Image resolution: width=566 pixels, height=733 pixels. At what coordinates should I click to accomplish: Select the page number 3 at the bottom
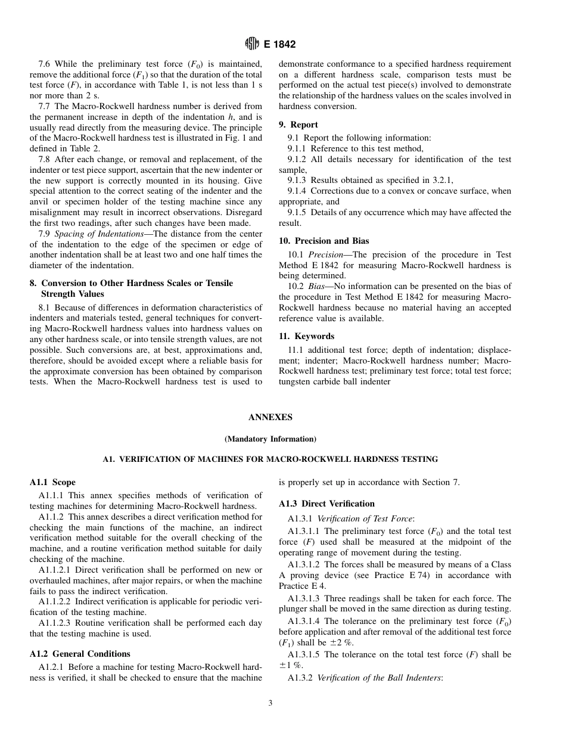(270, 703)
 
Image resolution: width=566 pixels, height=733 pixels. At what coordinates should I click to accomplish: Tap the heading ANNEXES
(270, 418)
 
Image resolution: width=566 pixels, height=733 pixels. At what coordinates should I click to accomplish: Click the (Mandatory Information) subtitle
(270, 439)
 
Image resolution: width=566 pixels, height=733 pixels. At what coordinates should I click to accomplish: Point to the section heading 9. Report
(298, 125)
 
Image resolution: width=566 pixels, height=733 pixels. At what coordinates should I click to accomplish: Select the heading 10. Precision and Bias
(324, 241)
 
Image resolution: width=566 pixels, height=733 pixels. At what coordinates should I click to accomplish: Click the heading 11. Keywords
(306, 336)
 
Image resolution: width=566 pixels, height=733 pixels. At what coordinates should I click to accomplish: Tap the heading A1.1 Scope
(52, 482)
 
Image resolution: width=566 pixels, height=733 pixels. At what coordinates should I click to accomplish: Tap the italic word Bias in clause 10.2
(316, 287)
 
